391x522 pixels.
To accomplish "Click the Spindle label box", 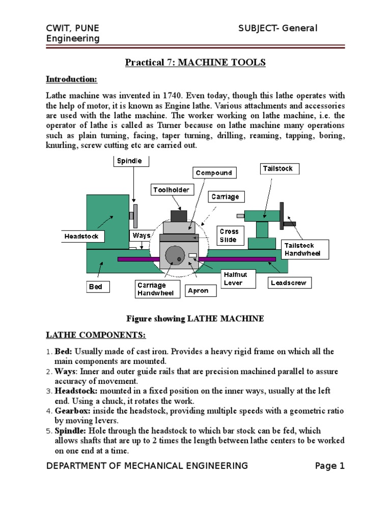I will click(131, 161).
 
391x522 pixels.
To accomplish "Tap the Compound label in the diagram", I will click(214, 173).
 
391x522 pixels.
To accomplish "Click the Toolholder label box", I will click(172, 190).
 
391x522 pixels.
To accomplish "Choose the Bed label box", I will click(95, 286).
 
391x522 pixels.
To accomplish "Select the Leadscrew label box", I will click(289, 282).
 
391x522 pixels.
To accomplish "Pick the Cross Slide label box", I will click(229, 236).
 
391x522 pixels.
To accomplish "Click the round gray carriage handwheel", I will click(175, 254).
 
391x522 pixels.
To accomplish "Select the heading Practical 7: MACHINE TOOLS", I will click(195, 62).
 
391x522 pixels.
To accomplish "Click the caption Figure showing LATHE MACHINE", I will click(195, 319).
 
